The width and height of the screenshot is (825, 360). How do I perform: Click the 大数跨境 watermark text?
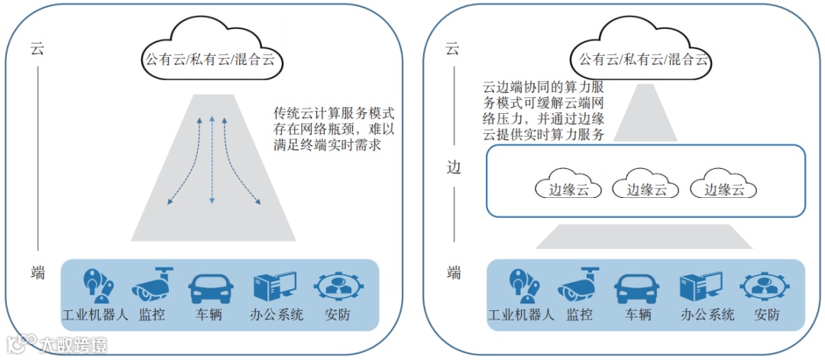[73, 345]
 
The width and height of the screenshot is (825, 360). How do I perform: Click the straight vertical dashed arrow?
[212, 161]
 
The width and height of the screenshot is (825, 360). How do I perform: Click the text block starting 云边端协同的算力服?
[544, 110]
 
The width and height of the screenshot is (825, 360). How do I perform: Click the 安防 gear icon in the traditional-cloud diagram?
[338, 287]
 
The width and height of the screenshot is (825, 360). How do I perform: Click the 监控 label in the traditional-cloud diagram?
[152, 315]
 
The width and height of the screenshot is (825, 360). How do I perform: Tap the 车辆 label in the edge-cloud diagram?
[637, 315]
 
